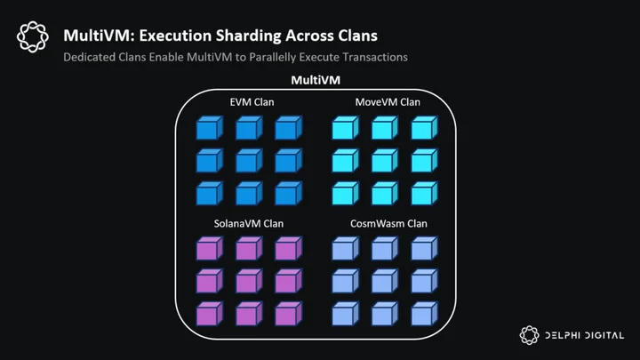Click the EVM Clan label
(x=252, y=102)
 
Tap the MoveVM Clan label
(x=388, y=102)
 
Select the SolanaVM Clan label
(x=249, y=224)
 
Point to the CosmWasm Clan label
(x=388, y=224)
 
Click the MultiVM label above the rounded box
(x=316, y=80)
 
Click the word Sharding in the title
(x=248, y=36)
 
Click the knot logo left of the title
(x=33, y=36)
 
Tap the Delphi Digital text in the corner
(x=585, y=335)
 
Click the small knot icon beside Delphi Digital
(x=530, y=335)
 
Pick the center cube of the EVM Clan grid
(x=249, y=160)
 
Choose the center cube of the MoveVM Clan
(x=385, y=160)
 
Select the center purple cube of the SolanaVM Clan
(x=249, y=281)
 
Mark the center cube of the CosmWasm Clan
(x=385, y=281)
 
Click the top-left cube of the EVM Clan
(x=210, y=128)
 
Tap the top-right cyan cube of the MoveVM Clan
(x=424, y=128)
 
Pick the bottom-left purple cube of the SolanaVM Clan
(x=210, y=314)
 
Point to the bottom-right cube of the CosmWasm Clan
(x=424, y=314)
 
